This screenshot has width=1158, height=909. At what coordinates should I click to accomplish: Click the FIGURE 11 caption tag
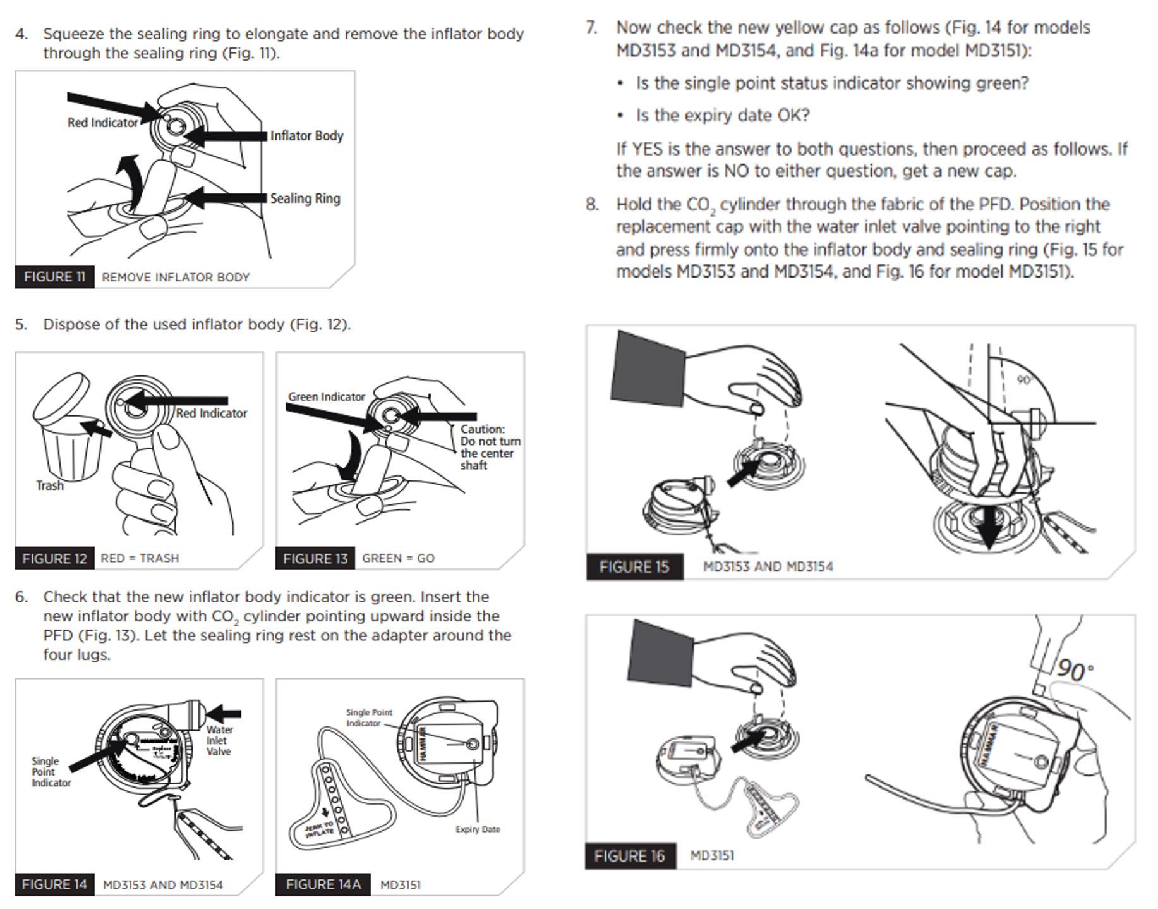pos(54,277)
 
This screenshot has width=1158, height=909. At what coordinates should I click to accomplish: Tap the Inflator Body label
pos(306,136)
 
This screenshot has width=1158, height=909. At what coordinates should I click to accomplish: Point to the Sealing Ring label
pos(305,198)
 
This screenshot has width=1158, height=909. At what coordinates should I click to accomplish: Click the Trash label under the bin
pos(50,485)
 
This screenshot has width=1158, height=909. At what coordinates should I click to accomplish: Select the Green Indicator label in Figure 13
pos(327,397)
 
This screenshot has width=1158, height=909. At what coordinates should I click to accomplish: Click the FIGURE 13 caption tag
pos(315,558)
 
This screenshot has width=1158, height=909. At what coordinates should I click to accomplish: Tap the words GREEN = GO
pos(398,558)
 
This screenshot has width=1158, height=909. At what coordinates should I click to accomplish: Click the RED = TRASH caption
pos(140,558)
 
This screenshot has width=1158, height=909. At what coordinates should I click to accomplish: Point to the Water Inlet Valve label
pos(219,740)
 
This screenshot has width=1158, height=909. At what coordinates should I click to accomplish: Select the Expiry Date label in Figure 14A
pos(478,829)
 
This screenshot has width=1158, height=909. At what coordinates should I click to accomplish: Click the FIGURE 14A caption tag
pos(323,884)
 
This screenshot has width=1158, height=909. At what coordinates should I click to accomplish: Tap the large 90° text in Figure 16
pos(1074,670)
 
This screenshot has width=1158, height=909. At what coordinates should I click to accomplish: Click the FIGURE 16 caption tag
pos(629,856)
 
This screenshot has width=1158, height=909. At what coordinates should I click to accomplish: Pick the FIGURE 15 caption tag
pos(634,567)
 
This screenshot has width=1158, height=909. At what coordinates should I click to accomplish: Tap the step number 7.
pos(591,28)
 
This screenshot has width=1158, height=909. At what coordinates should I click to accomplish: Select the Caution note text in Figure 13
pos(490,447)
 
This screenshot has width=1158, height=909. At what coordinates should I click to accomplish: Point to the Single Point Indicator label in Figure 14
pos(51,772)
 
